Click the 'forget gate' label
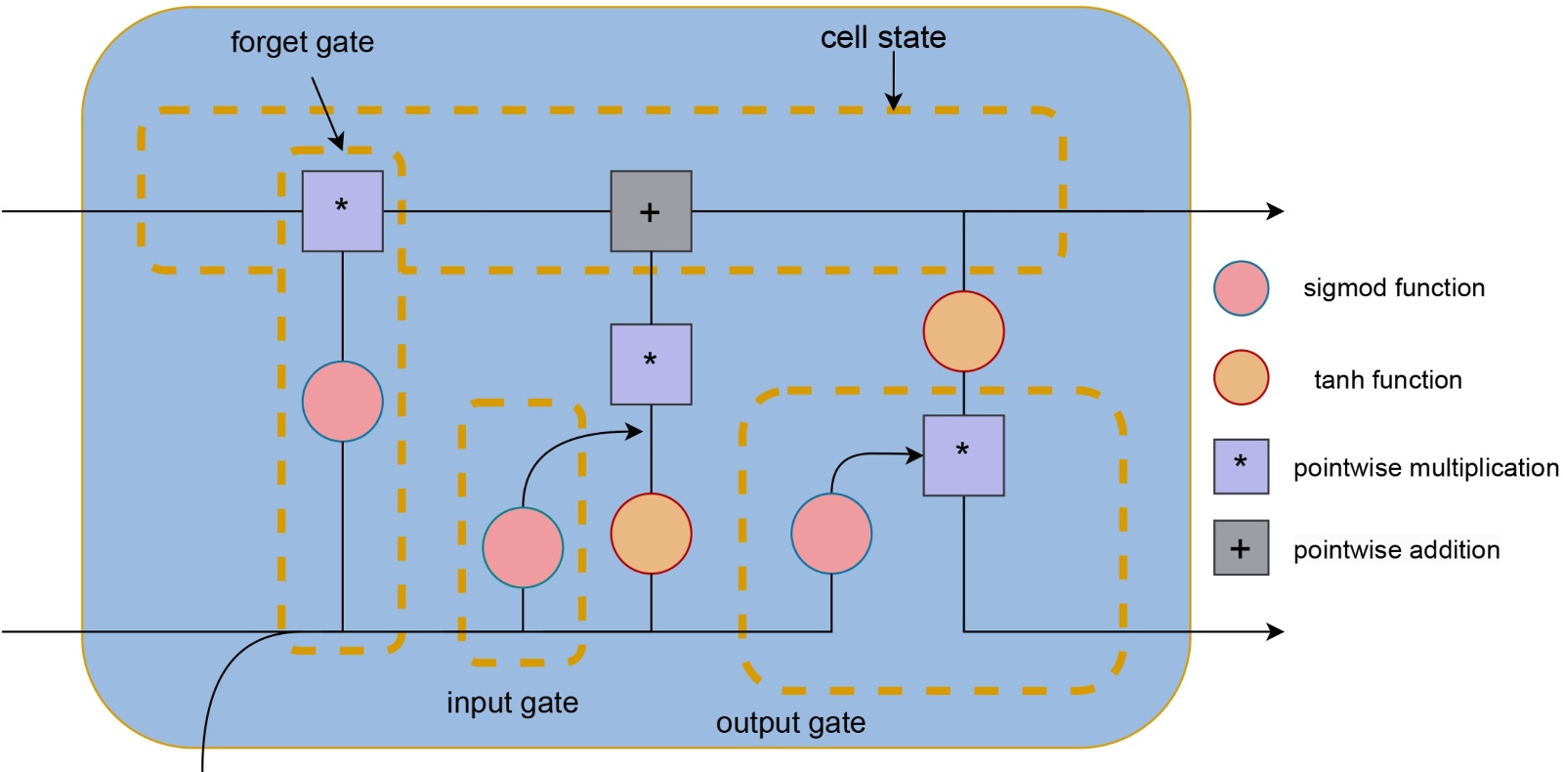[302, 42]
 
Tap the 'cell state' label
[883, 37]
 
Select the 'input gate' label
[512, 703]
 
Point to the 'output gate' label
[790, 723]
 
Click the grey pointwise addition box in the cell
[652, 211]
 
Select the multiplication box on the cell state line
[343, 211]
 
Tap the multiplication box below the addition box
[652, 364]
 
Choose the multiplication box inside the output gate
[964, 455]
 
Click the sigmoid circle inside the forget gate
[343, 402]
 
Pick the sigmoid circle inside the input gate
[523, 547]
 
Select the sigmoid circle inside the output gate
[831, 534]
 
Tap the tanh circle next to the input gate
[652, 534]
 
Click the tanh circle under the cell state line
[964, 331]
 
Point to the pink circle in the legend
[1242, 288]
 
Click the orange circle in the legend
[1242, 378]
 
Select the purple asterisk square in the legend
[1242, 466]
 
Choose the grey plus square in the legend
[1242, 548]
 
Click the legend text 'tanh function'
[1387, 380]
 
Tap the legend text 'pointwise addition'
[1396, 550]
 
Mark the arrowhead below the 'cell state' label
[893, 102]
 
